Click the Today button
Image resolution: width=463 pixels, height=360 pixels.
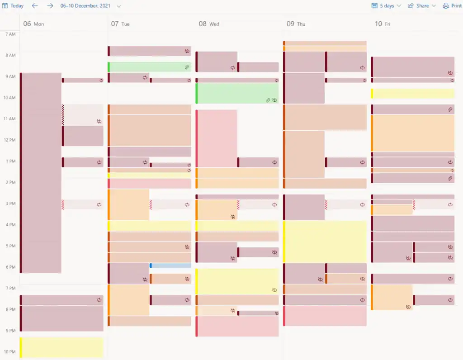(x=13, y=6)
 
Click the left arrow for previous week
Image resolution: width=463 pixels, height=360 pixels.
(x=35, y=6)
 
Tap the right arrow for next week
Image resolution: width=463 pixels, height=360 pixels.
(x=50, y=6)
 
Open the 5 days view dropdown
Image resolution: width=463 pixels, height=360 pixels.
(x=386, y=6)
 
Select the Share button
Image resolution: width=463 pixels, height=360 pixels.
(x=422, y=6)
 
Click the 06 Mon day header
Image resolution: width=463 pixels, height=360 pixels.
(x=34, y=24)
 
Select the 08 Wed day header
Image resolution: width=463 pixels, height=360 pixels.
(x=209, y=24)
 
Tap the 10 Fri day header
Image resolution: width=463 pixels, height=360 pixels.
(x=383, y=24)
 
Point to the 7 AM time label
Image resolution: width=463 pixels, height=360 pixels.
(x=10, y=34)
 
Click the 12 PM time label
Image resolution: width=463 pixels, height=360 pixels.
(x=10, y=140)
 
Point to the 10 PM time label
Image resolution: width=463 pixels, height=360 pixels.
(x=10, y=352)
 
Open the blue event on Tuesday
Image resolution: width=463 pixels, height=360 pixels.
(x=170, y=265)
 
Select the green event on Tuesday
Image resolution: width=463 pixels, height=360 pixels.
(x=147, y=67)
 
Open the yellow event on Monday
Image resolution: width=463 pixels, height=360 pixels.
(x=62, y=347)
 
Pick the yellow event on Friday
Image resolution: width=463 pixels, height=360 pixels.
(x=412, y=93)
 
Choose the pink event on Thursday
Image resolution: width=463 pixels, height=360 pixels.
(x=325, y=316)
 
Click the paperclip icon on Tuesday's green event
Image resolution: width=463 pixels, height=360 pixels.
(x=187, y=67)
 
